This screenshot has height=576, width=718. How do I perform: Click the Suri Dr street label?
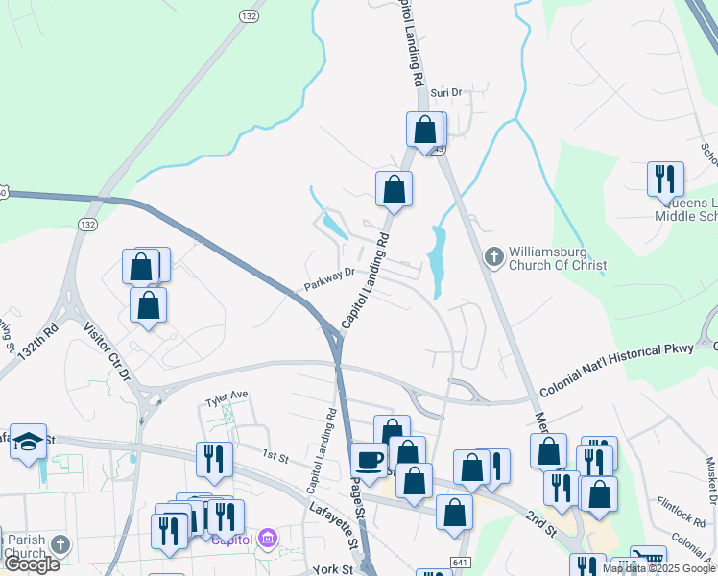[x=446, y=93]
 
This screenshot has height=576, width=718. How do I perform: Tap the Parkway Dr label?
[x=330, y=278]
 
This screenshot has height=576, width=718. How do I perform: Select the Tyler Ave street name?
[x=227, y=395]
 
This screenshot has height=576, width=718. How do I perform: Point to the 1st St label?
[x=275, y=452]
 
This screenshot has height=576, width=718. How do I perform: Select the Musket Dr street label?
[x=711, y=481]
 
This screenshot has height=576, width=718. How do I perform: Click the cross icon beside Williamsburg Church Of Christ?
[x=493, y=256]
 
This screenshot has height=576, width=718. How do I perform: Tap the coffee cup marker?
[x=369, y=460]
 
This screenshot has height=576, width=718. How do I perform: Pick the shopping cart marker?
[x=649, y=561]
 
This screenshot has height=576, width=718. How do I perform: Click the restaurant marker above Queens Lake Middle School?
[x=664, y=178]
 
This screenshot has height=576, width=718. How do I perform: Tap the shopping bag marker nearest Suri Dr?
[x=424, y=130]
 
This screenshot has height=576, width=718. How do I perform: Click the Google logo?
[x=32, y=564]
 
